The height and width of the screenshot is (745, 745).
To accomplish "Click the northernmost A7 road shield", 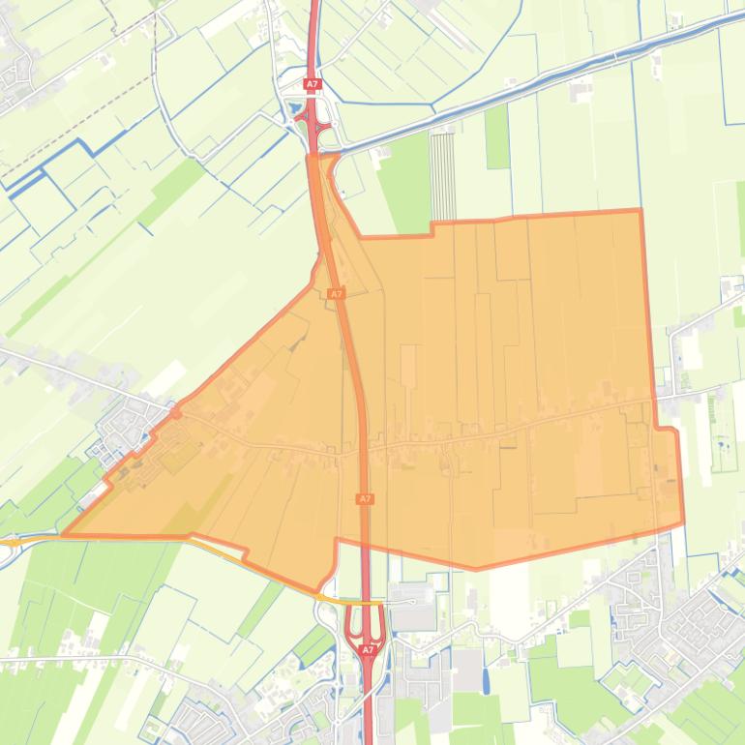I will click(x=312, y=85).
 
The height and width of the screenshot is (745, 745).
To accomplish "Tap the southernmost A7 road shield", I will click(x=368, y=650).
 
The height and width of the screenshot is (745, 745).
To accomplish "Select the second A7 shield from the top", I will click(x=336, y=293).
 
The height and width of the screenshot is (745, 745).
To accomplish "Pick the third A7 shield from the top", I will click(x=364, y=499).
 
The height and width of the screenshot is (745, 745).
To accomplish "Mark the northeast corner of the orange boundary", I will click(x=640, y=210).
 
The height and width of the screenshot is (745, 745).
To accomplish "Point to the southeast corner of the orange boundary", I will click(x=683, y=521).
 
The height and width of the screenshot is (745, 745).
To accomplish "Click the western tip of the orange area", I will click(x=64, y=533).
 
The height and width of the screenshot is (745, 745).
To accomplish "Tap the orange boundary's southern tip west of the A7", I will click(x=317, y=589).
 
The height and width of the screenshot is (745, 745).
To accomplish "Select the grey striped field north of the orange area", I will click(x=442, y=176).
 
